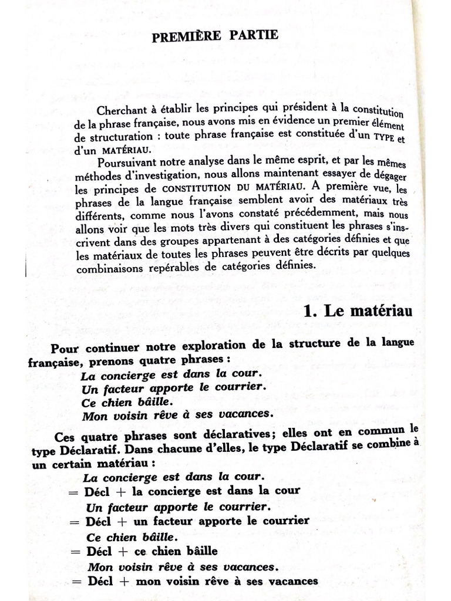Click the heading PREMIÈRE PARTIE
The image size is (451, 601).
pos(215,36)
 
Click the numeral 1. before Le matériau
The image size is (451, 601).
pos(311,312)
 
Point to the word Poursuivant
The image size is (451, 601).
pos(126,163)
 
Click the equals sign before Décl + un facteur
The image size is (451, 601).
pos(74,521)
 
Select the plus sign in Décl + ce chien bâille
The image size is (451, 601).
pos(123,551)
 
